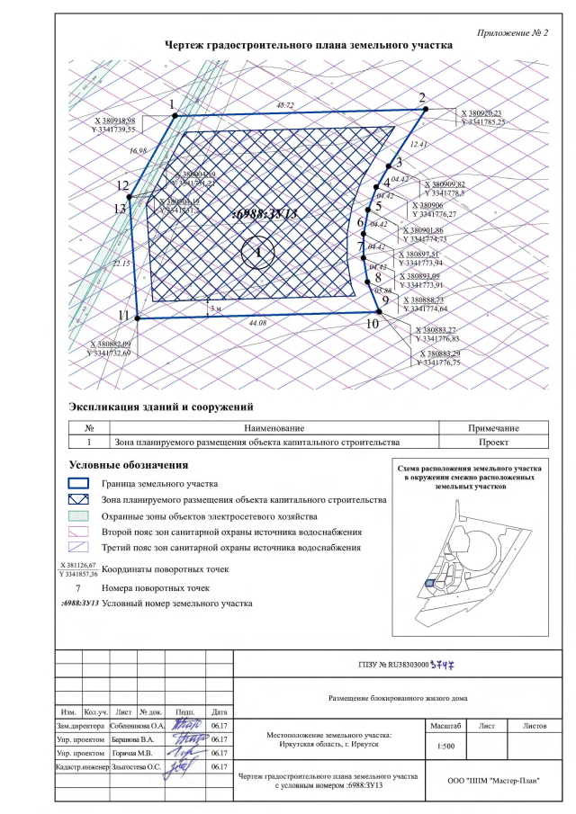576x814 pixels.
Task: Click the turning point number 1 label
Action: click(x=172, y=104)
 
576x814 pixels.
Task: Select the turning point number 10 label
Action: click(x=373, y=323)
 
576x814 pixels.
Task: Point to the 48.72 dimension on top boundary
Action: click(x=285, y=106)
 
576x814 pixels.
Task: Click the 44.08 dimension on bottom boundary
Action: click(x=259, y=321)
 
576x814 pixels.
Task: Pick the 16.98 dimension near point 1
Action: click(x=138, y=150)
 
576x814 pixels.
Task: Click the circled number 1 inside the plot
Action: click(x=258, y=253)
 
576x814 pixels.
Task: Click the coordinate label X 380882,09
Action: click(x=110, y=344)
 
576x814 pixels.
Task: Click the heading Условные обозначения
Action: click(x=128, y=465)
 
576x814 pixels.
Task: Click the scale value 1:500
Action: click(x=444, y=747)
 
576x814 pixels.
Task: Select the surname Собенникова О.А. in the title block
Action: click(x=138, y=724)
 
